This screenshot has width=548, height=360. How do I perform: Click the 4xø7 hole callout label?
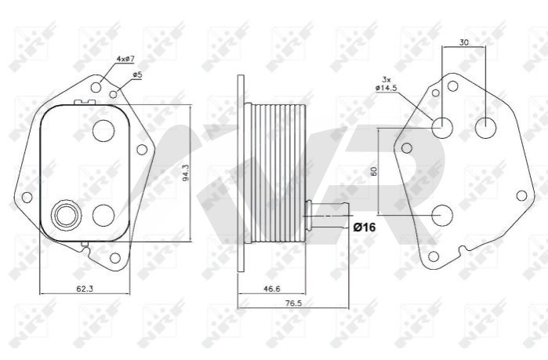(x=125, y=59)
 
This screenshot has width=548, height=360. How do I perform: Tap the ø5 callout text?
(x=137, y=75)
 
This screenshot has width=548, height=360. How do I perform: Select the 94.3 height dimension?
(x=187, y=173)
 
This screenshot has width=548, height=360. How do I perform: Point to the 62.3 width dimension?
(x=85, y=289)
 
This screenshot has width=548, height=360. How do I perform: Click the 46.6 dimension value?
(x=271, y=289)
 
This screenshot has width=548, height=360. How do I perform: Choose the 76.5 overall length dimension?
(x=293, y=304)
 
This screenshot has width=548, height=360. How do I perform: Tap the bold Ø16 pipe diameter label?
(x=365, y=227)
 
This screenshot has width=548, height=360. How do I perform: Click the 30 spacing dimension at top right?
(x=463, y=42)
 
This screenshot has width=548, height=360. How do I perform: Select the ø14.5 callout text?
(x=387, y=88)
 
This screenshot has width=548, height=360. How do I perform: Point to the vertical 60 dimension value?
(x=374, y=171)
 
